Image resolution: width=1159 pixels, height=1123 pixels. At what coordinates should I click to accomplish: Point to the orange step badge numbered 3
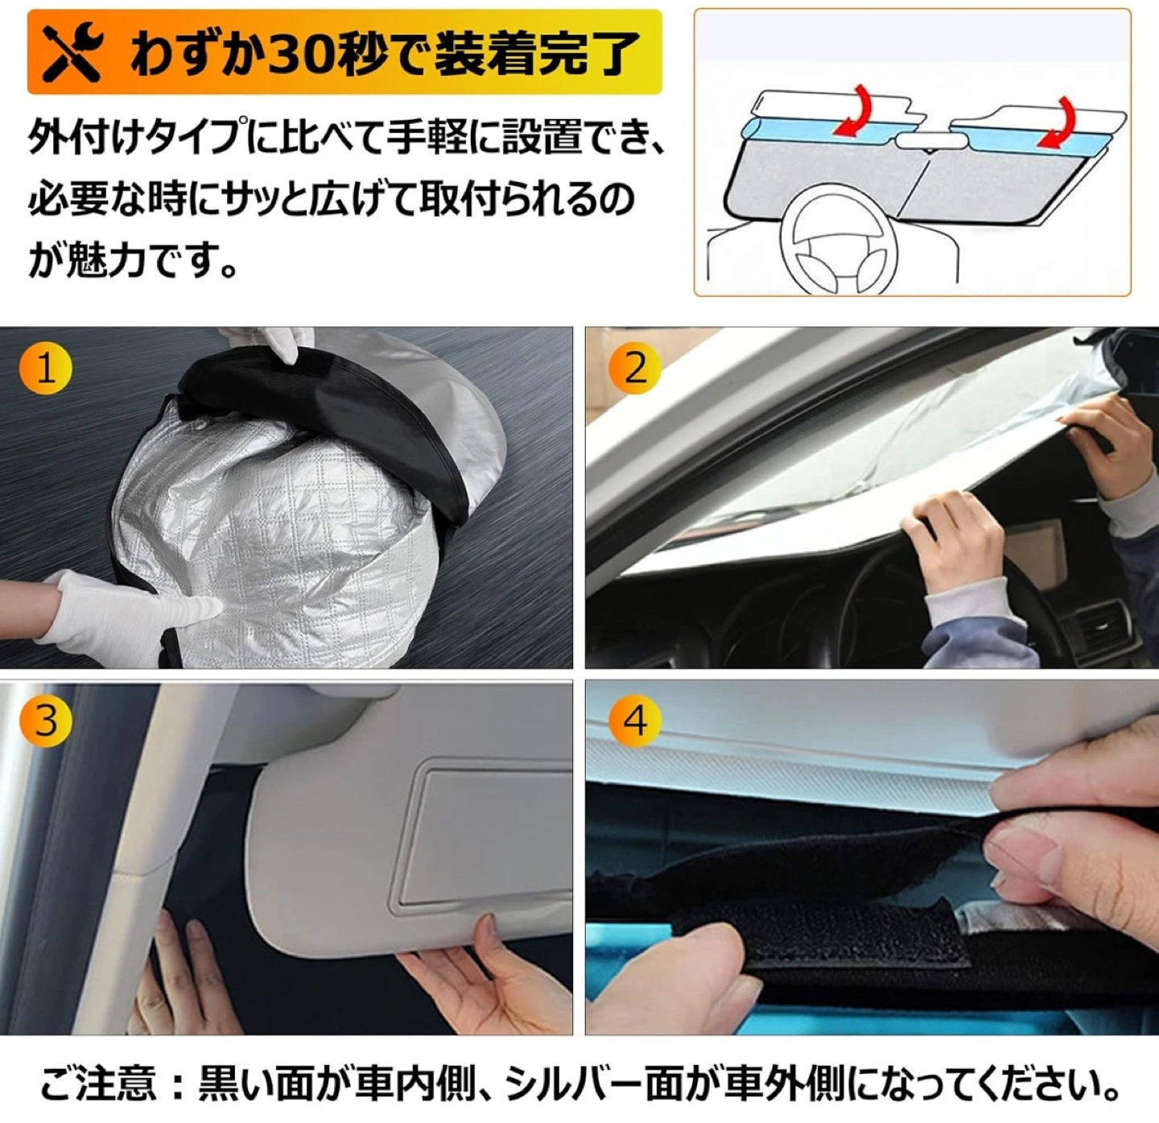pyautogui.click(x=45, y=720)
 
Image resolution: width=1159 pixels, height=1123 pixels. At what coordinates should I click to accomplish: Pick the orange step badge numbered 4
pyautogui.click(x=634, y=720)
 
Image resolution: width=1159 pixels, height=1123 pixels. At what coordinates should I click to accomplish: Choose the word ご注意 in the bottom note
pyautogui.click(x=98, y=1083)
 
